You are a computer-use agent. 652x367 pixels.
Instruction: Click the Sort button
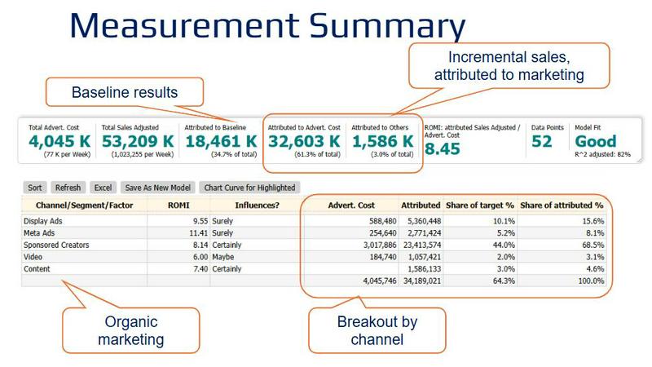click(x=35, y=188)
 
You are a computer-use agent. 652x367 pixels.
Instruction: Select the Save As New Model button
click(x=157, y=188)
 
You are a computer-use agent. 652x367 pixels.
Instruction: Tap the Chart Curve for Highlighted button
click(x=249, y=188)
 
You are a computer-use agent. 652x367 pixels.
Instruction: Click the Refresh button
click(x=68, y=188)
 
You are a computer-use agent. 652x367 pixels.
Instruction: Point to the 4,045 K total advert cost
click(x=59, y=141)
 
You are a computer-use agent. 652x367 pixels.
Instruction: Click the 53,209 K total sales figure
click(x=138, y=141)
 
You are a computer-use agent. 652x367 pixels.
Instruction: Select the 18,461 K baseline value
click(x=221, y=141)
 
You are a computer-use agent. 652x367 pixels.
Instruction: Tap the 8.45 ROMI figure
click(x=442, y=148)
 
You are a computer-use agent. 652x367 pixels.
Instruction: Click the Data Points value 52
click(x=541, y=141)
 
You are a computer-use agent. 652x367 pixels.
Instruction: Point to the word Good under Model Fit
click(x=596, y=141)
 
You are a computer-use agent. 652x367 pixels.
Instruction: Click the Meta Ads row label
click(x=39, y=233)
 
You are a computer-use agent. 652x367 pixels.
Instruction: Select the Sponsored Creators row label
click(x=56, y=245)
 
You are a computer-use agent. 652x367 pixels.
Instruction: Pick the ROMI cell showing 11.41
click(x=198, y=233)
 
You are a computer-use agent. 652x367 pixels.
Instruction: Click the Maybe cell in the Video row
click(x=222, y=257)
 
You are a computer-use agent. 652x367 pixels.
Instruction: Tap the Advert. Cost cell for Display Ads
click(x=382, y=221)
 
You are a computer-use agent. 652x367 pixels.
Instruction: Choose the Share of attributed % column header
click(x=562, y=206)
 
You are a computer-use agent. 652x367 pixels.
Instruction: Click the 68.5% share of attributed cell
click(x=593, y=245)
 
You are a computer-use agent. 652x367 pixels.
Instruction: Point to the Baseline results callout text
click(x=125, y=92)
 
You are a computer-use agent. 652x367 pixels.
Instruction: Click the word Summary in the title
click(x=387, y=26)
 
